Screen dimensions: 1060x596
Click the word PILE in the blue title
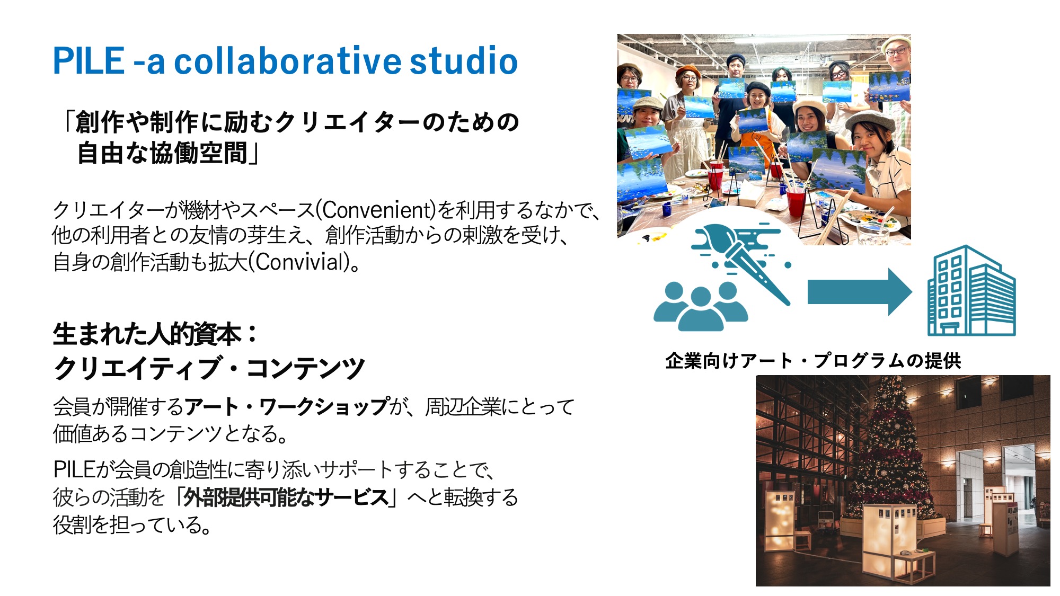pyautogui.click(x=89, y=60)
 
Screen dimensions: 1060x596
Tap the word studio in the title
pyautogui.click(x=464, y=60)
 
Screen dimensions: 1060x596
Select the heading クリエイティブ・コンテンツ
pyautogui.click(x=209, y=368)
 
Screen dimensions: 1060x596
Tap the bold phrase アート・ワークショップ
pyautogui.click(x=287, y=407)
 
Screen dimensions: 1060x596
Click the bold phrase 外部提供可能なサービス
pyautogui.click(x=286, y=497)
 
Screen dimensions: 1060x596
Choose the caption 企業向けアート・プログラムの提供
pyautogui.click(x=813, y=361)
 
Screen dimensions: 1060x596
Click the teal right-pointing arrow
pyautogui.click(x=860, y=292)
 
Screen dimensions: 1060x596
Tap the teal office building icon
pyautogui.click(x=971, y=290)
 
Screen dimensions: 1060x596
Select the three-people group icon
pyautogui.click(x=701, y=306)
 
